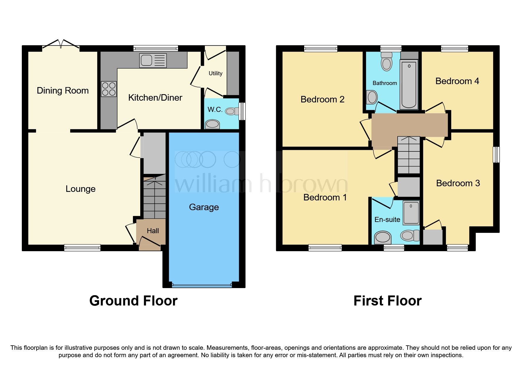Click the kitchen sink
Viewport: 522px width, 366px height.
pos(153,61)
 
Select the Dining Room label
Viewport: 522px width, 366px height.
pos(62,91)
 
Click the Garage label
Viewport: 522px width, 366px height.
pos(204,207)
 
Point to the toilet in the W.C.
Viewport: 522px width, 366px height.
pos(232,111)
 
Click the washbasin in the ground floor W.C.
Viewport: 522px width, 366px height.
pos(212,124)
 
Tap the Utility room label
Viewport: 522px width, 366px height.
pos(215,73)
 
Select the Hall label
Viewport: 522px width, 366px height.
pos(153,231)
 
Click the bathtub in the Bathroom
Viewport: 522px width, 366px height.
pos(409,84)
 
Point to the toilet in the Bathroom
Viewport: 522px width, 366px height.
pos(386,62)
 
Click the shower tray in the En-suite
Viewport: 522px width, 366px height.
pos(411,213)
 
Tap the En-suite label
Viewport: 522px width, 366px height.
pos(387,220)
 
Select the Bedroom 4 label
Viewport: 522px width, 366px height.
pos(457,81)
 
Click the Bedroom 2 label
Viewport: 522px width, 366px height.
pos(322,99)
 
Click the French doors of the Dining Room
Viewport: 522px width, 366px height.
pos(61,45)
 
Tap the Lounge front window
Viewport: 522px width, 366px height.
pos(83,248)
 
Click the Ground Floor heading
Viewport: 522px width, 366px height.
pos(133,301)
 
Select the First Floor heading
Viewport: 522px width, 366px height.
pos(387,301)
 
